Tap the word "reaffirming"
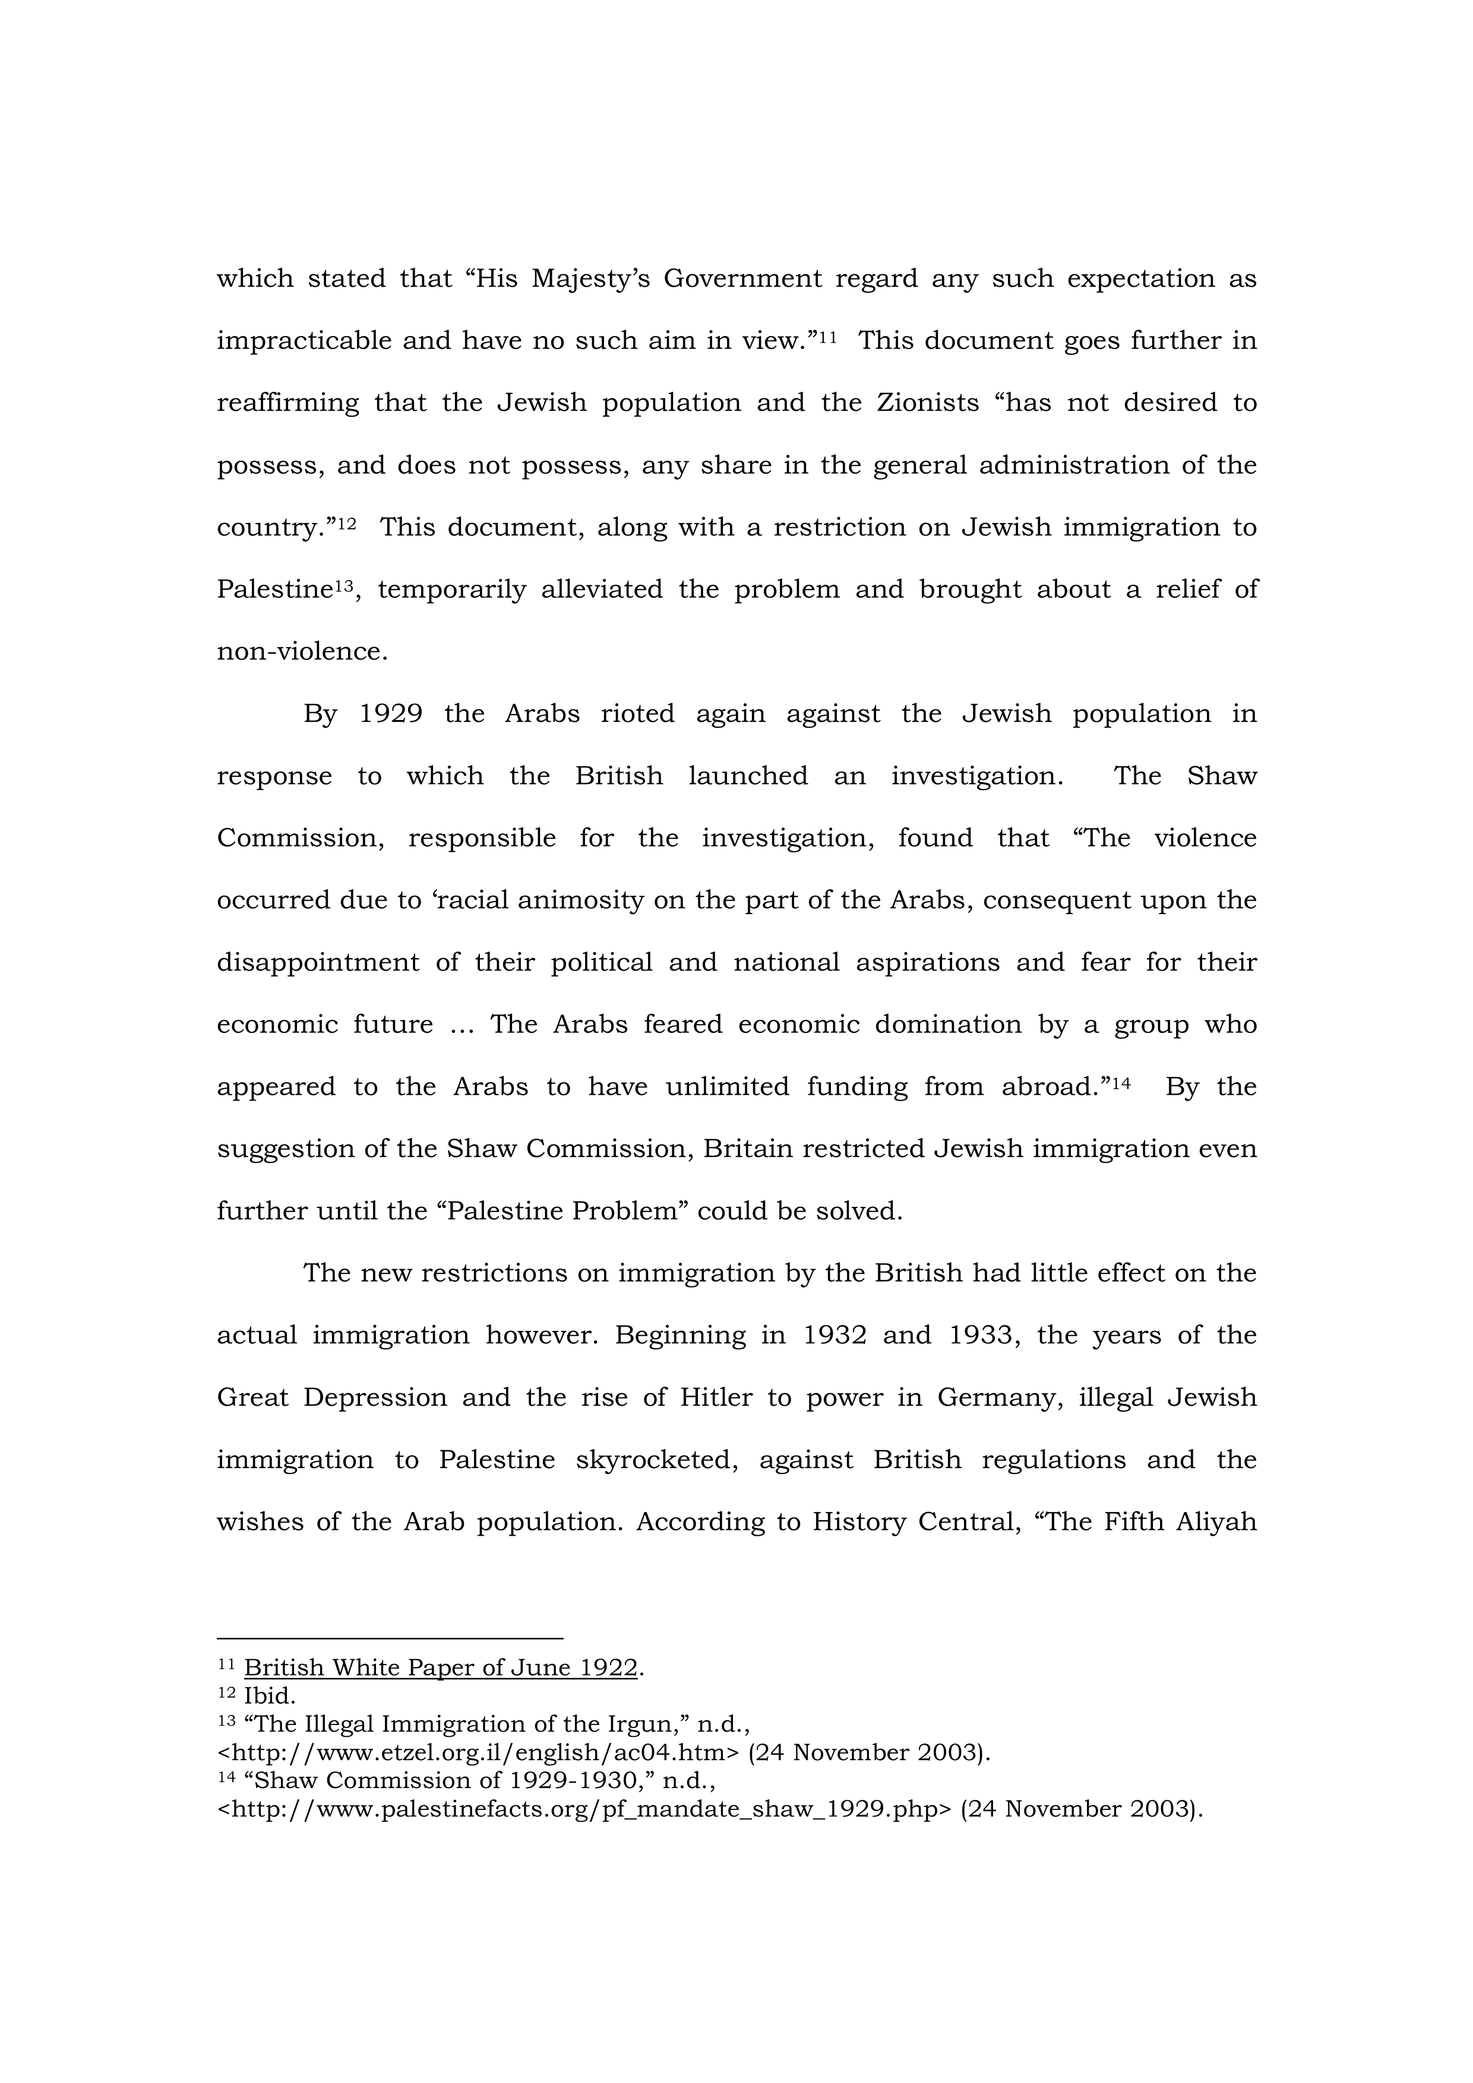tap(287, 403)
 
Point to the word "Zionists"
tap(928, 403)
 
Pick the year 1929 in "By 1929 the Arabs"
tap(391, 714)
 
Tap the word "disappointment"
tap(318, 963)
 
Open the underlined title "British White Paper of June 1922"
tap(440, 1667)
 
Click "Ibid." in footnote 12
tap(270, 1695)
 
